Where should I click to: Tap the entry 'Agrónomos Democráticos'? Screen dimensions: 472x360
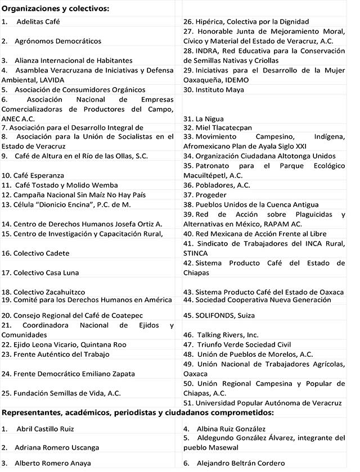point(59,41)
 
